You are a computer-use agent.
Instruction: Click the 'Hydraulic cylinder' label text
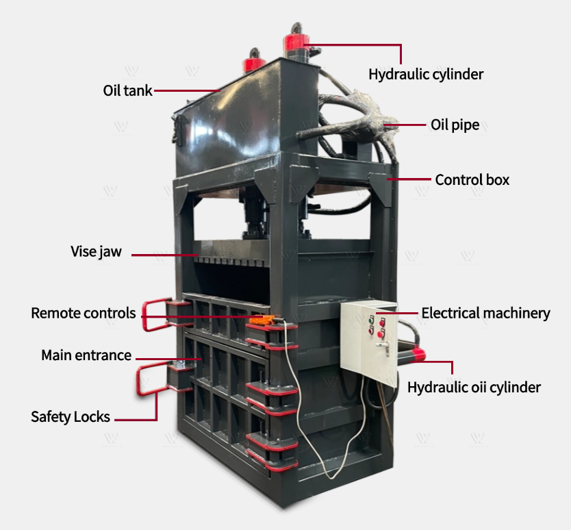[426, 74]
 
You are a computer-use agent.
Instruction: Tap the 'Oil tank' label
[127, 90]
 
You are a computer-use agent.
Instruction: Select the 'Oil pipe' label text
[455, 125]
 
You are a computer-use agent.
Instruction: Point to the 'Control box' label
[472, 180]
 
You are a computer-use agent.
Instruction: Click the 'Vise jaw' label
[96, 251]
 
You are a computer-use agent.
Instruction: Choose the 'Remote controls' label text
[84, 314]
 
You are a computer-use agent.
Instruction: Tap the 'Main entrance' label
[86, 355]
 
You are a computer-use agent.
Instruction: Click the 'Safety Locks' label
[71, 416]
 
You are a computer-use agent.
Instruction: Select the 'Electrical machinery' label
[485, 314]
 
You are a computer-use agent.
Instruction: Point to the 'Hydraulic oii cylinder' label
[474, 388]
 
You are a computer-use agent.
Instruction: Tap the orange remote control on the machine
[261, 320]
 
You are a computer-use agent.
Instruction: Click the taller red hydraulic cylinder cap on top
[295, 46]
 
